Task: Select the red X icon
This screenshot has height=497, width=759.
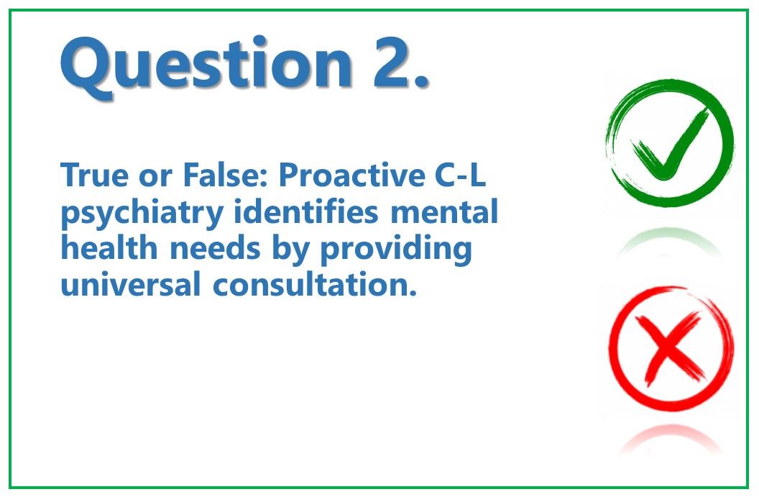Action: pyautogui.click(x=671, y=348)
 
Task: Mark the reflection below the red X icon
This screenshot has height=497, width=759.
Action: pyautogui.click(x=670, y=438)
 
